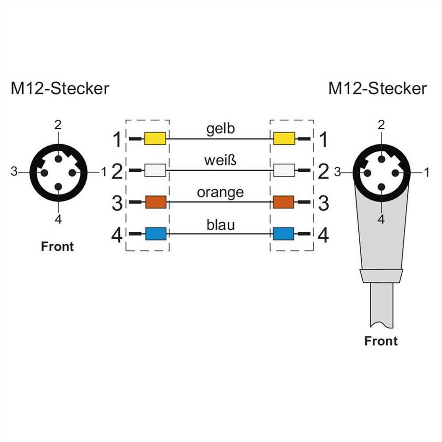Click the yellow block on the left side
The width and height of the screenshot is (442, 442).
click(x=155, y=139)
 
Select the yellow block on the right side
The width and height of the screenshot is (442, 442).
click(x=283, y=139)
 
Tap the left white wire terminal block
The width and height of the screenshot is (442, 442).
click(x=155, y=171)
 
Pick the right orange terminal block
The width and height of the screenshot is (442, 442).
click(x=283, y=202)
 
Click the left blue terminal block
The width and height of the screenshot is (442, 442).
click(x=155, y=234)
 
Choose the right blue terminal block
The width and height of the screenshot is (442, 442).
click(x=283, y=234)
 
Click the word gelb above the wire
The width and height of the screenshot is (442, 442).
click(x=221, y=129)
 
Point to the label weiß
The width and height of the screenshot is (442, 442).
click(x=221, y=160)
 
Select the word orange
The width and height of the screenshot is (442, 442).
click(x=220, y=193)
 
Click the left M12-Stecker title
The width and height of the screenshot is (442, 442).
click(x=60, y=88)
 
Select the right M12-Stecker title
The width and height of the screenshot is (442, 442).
click(x=377, y=88)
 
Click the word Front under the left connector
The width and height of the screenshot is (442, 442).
click(x=58, y=246)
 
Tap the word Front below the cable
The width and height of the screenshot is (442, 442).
click(x=381, y=341)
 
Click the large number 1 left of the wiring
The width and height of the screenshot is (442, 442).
click(x=117, y=140)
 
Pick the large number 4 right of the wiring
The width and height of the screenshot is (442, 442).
click(x=324, y=235)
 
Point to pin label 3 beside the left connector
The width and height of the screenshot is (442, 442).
click(x=14, y=171)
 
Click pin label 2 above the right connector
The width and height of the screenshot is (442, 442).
click(x=381, y=125)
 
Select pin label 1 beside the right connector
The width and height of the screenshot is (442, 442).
click(x=426, y=171)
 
